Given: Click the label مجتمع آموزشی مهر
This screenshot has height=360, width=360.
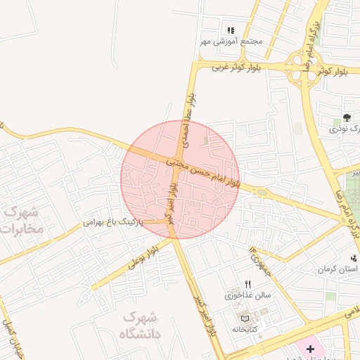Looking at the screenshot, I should [x=231, y=41].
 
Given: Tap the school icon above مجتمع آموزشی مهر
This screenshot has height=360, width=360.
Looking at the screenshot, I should [x=231, y=30].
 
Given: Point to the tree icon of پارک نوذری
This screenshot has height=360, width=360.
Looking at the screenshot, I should [x=347, y=117].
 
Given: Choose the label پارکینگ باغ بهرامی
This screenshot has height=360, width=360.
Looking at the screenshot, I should [x=113, y=221].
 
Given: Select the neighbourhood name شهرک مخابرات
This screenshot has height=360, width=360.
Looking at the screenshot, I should [x=22, y=219].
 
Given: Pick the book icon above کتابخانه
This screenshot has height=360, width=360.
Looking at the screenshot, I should [x=245, y=318].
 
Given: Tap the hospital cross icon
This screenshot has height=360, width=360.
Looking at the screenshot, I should [x=310, y=349].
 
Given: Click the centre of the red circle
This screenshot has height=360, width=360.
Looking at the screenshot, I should [x=180, y=179].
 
